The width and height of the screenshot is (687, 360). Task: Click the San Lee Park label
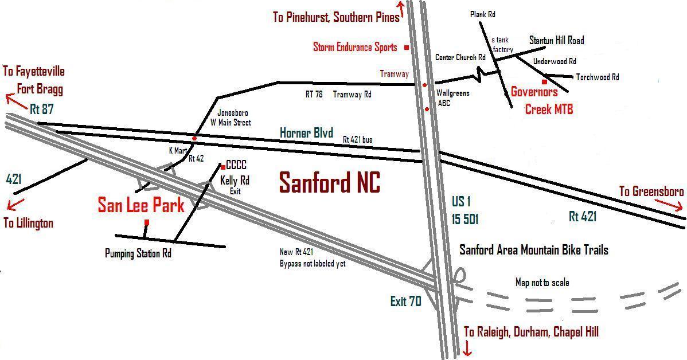[x=140, y=205]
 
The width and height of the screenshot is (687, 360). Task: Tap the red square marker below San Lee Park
[x=147, y=222]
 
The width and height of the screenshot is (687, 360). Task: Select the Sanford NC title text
[x=329, y=183]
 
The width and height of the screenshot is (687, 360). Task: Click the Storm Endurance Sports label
[x=355, y=47]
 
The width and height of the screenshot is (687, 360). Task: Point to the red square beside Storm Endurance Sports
[x=407, y=47]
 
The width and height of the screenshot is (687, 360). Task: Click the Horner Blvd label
[x=306, y=133]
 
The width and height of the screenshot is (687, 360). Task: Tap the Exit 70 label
[x=405, y=301]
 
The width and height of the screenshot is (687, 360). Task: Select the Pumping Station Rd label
[x=138, y=253]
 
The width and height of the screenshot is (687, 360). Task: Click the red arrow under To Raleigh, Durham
[x=467, y=348]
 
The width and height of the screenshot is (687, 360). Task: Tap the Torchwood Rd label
[x=598, y=77]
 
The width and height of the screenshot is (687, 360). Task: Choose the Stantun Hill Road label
[x=556, y=40]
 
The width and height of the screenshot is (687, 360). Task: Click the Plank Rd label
[x=482, y=14]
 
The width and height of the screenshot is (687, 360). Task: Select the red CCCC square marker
[x=223, y=167]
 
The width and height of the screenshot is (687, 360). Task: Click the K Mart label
[x=178, y=150]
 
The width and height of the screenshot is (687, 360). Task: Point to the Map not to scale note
[x=542, y=283]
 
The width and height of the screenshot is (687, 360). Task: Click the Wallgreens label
[x=453, y=93]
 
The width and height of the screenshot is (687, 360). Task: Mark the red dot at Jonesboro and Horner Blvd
[x=195, y=138]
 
